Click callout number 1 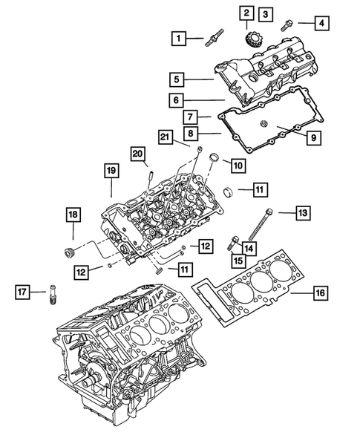(178, 36)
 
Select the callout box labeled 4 (321, 24)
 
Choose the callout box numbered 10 (238, 164)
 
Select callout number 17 (22, 292)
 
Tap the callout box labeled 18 (73, 215)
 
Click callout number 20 (138, 154)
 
